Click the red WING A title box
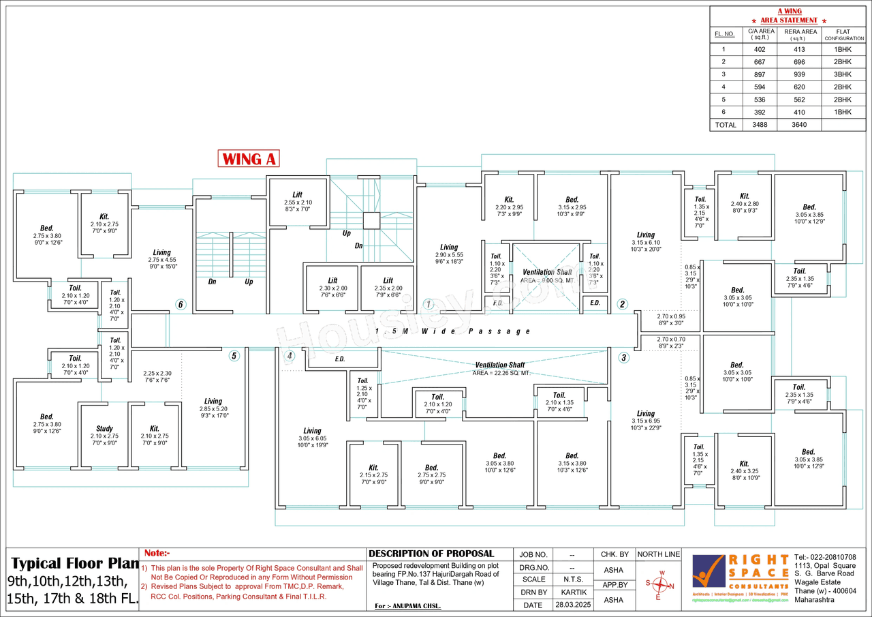click(x=249, y=159)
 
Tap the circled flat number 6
click(x=181, y=305)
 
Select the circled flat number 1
click(x=428, y=304)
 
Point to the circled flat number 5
click(x=234, y=356)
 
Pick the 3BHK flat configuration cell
click(x=843, y=74)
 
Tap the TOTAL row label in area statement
click(x=726, y=125)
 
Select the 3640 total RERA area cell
click(x=800, y=125)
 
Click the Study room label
click(x=104, y=429)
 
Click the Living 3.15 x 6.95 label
click(x=646, y=417)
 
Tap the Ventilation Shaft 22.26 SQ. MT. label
click(x=500, y=369)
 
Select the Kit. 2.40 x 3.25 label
click(x=744, y=467)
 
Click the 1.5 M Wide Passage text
click(x=452, y=331)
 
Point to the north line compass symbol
click(x=659, y=585)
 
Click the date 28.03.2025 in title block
click(x=571, y=605)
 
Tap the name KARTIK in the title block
click(x=571, y=592)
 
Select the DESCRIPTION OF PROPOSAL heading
click(x=431, y=554)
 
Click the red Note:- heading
click(x=157, y=554)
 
